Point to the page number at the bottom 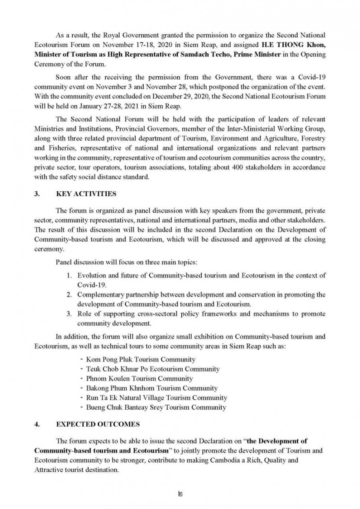point(180,494)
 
